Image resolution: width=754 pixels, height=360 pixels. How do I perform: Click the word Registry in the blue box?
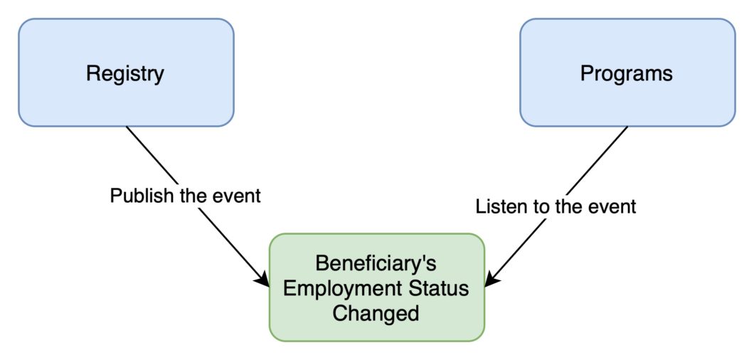point(125,75)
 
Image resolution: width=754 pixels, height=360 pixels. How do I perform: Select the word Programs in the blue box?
point(627,74)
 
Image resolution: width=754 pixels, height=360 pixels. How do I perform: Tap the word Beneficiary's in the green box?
point(376,263)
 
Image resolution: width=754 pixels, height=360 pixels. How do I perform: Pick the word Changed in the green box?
point(376,314)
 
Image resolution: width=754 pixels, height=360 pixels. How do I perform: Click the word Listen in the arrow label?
point(499,206)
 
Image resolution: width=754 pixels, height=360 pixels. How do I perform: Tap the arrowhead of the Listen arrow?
point(489,282)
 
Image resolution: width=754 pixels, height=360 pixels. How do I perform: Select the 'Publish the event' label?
point(186,196)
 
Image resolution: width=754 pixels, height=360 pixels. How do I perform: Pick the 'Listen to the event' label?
point(556,207)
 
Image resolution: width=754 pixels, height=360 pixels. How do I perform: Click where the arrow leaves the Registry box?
point(127,127)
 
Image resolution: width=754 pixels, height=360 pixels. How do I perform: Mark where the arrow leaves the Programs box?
point(627,127)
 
